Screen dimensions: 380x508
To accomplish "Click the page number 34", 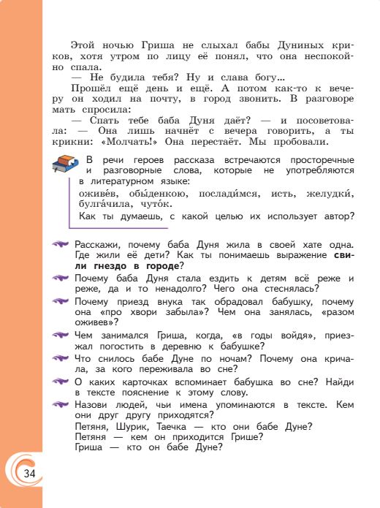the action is coord(28,474).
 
